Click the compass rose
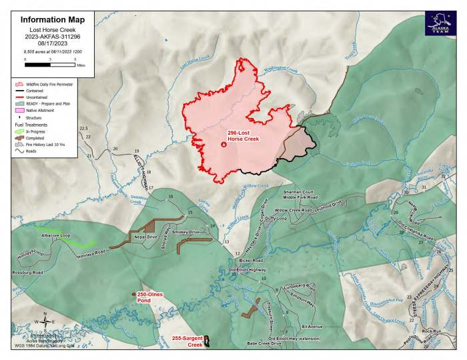pos(44,321)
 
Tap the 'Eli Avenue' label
pos(312,327)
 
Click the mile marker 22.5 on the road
pos(83,127)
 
